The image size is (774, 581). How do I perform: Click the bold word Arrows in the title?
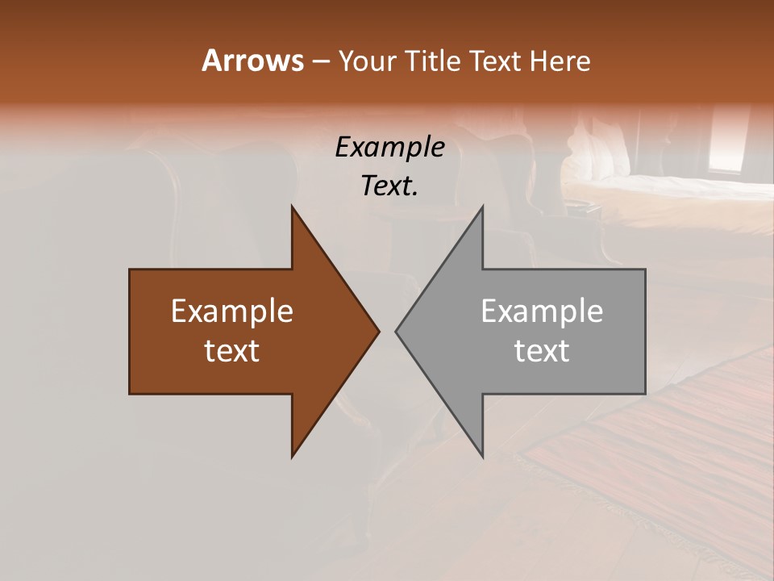252,61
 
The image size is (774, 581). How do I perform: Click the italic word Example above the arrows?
389,147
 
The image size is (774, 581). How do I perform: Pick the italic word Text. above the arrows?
389,186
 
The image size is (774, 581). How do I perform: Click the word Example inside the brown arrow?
232,311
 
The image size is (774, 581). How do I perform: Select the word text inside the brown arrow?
232,350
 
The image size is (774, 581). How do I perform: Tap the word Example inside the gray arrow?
542,311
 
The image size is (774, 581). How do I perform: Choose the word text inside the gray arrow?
542,350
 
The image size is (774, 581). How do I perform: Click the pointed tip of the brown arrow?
378,331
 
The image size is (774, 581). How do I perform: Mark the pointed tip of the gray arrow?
397,331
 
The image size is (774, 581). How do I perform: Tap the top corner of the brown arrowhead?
292,207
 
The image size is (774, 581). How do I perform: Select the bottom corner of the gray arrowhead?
482,456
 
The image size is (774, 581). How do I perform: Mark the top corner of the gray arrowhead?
482,207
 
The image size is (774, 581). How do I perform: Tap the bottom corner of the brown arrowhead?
292,456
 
